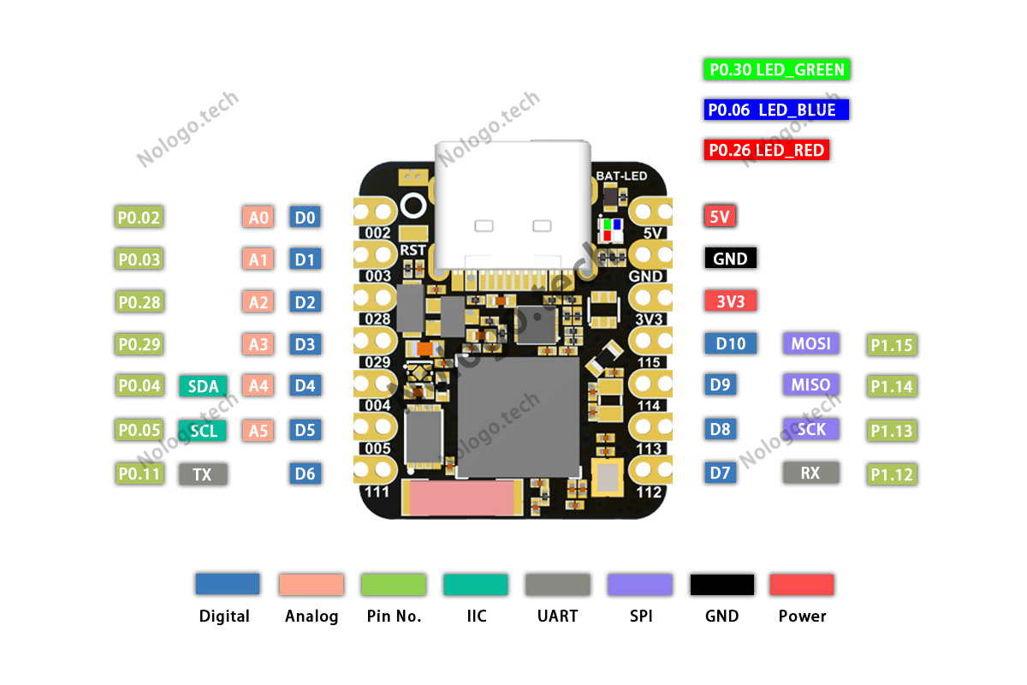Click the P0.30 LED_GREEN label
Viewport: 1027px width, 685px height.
click(x=777, y=70)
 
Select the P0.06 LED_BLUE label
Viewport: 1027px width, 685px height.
click(x=776, y=110)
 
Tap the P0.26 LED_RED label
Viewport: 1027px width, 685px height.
click(x=767, y=151)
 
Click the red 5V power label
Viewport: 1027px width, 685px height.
click(x=720, y=217)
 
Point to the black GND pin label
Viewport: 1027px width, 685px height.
click(x=730, y=259)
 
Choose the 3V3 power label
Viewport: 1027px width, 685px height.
click(x=730, y=301)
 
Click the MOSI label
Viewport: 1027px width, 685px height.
click(x=810, y=343)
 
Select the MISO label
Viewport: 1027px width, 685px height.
click(x=810, y=385)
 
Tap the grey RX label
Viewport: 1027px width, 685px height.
click(x=810, y=472)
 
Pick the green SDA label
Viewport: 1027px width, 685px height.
click(x=203, y=386)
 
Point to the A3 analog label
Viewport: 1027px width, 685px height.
click(x=258, y=345)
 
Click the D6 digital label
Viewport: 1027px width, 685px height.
click(x=306, y=474)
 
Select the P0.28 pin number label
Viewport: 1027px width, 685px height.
click(x=140, y=302)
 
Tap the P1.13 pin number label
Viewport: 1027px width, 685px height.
click(x=892, y=431)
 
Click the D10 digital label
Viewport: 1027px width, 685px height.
click(x=731, y=343)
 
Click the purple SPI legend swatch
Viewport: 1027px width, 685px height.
click(x=640, y=585)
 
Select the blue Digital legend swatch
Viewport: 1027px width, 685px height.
click(x=227, y=584)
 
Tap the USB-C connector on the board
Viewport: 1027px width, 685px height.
click(x=513, y=205)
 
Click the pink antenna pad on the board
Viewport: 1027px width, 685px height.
click(x=465, y=499)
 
